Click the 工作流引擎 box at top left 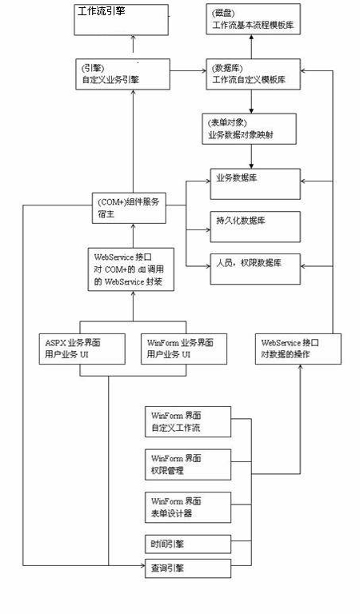pos(122,19)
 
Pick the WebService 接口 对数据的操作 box pos(301,348)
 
